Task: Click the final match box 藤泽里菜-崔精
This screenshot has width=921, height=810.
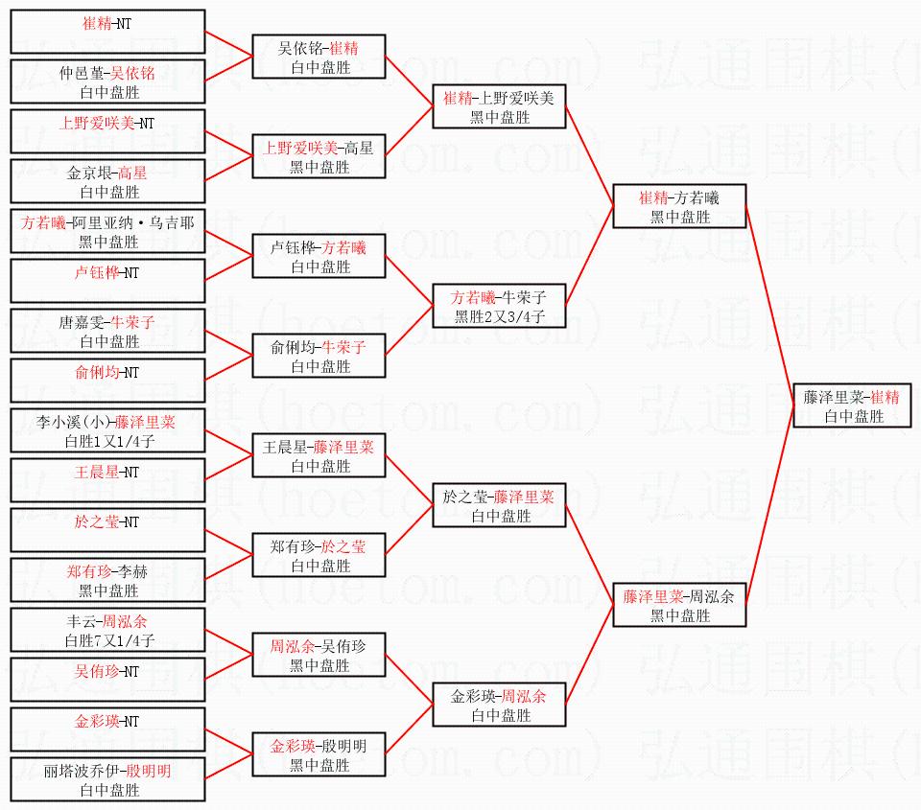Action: tap(852, 405)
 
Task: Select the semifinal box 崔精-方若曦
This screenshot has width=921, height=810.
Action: tap(679, 206)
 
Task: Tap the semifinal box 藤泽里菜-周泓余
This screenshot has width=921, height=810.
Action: tap(679, 605)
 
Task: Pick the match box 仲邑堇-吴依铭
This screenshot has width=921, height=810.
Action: tap(107, 81)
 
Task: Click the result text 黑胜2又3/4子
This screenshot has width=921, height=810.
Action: tap(499, 316)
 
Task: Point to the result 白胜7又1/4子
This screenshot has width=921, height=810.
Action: tap(107, 640)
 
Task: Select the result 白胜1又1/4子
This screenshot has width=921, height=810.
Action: tap(107, 441)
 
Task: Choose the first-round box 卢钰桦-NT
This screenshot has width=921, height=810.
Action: tap(107, 281)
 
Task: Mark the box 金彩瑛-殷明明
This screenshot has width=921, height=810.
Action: tap(319, 754)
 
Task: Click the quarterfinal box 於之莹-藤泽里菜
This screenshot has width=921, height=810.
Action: tap(499, 505)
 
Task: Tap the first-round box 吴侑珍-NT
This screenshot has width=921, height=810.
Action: tap(107, 680)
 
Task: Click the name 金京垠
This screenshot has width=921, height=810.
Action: tap(86, 173)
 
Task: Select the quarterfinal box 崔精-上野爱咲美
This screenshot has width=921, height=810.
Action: tap(499, 106)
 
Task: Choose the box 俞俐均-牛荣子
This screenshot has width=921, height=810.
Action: tap(319, 356)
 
